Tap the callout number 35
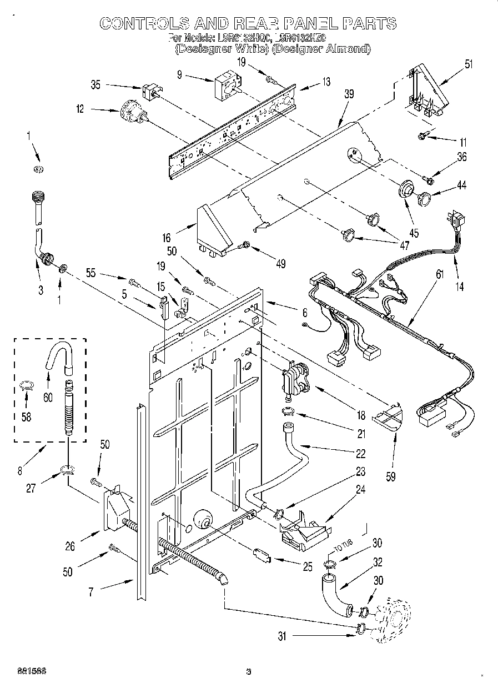(x=95, y=85)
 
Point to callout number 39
(x=349, y=94)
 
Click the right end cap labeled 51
(x=427, y=92)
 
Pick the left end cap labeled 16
(x=214, y=230)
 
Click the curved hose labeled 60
(x=57, y=358)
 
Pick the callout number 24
(x=361, y=490)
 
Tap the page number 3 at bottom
(x=249, y=672)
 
